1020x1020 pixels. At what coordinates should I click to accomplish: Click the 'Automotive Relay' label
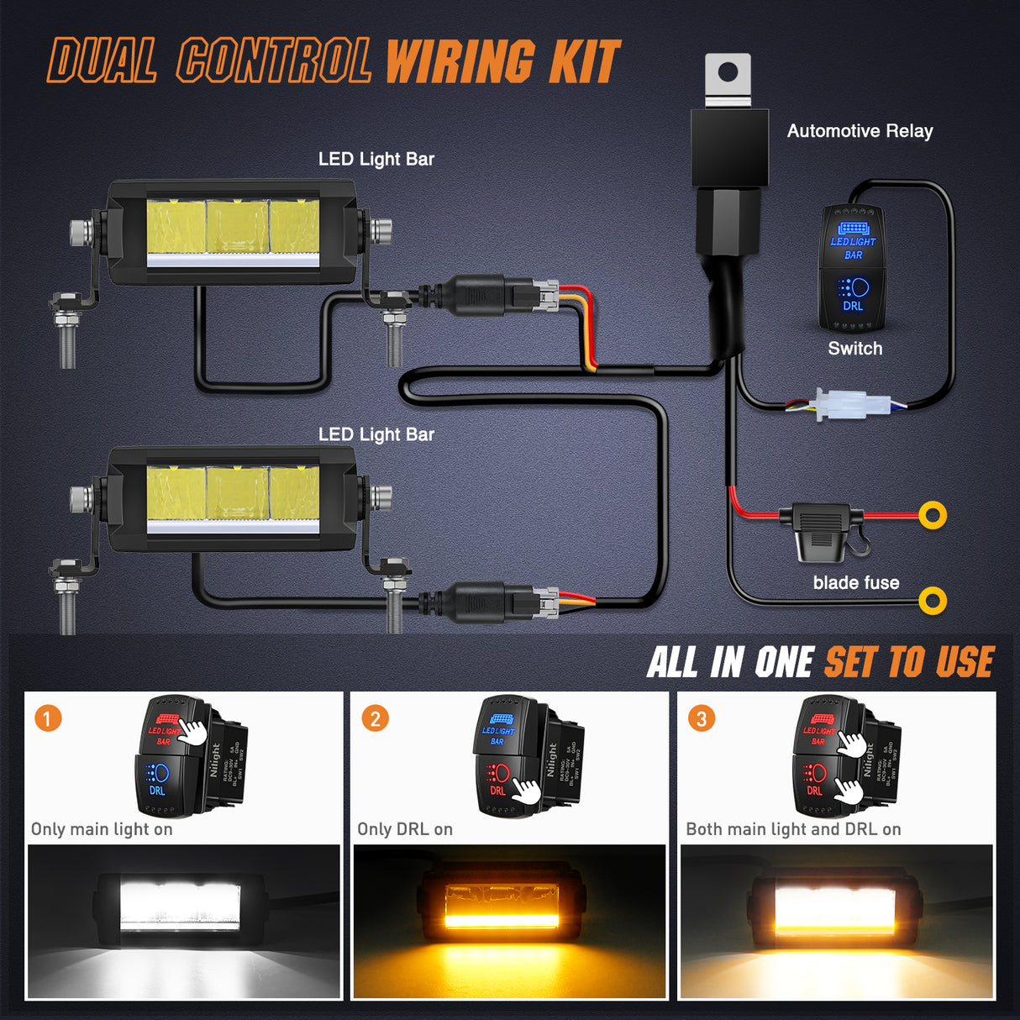pyautogui.click(x=860, y=131)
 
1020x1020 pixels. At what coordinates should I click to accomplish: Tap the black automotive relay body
pyautogui.click(x=729, y=148)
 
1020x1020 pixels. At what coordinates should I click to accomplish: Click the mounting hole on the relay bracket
pyautogui.click(x=728, y=73)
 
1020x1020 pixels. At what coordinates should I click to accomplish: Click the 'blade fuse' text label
pyautogui.click(x=855, y=583)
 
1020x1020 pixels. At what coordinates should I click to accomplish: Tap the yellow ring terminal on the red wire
pyautogui.click(x=933, y=515)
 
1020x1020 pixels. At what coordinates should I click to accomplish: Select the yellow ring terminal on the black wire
pyautogui.click(x=933, y=601)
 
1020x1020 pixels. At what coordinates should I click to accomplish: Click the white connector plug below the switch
pyautogui.click(x=852, y=405)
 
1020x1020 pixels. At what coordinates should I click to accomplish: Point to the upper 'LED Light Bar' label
pyautogui.click(x=376, y=159)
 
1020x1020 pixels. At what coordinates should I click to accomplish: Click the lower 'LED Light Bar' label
pyautogui.click(x=376, y=434)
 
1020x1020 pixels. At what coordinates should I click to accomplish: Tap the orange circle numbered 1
pyautogui.click(x=48, y=718)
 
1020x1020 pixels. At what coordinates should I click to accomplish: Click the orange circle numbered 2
pyautogui.click(x=375, y=718)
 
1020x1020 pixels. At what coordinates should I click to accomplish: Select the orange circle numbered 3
pyautogui.click(x=702, y=718)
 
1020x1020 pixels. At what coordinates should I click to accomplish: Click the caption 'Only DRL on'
pyautogui.click(x=405, y=829)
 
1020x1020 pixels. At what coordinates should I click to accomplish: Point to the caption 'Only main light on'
pyautogui.click(x=102, y=829)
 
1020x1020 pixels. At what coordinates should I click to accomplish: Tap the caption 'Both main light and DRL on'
pyautogui.click(x=793, y=829)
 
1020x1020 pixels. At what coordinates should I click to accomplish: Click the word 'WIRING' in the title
pyautogui.click(x=459, y=63)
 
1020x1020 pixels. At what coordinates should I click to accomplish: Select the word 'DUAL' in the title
pyautogui.click(x=103, y=61)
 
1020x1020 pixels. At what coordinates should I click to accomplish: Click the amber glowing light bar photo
pyautogui.click(x=509, y=922)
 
